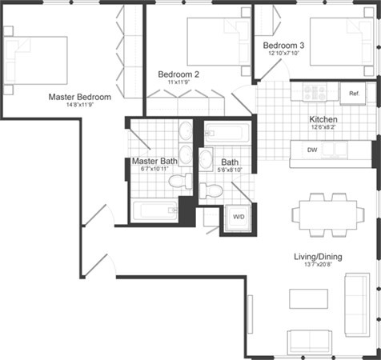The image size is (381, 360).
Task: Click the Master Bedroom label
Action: tap(79, 96)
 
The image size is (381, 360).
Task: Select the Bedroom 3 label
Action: tap(283, 46)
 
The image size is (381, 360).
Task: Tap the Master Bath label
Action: tap(154, 161)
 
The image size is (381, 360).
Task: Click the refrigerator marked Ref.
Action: tap(352, 94)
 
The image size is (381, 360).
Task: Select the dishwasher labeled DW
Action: tap(315, 150)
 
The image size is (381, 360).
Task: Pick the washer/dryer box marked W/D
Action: tap(239, 217)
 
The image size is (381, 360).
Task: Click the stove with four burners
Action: tap(309, 93)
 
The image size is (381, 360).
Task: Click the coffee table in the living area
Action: tap(308, 297)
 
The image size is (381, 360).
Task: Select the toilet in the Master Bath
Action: tap(178, 182)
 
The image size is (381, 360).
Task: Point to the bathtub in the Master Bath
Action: tap(155, 211)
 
